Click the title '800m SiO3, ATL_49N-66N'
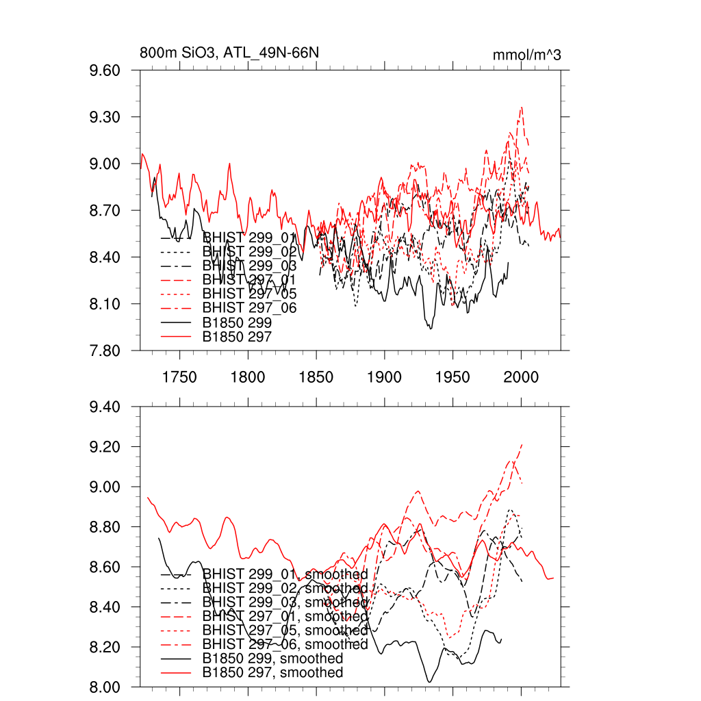pyautogui.click(x=229, y=53)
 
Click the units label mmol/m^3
pyautogui.click(x=526, y=55)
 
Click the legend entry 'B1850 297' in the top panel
pyautogui.click(x=238, y=337)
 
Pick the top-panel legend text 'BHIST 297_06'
pyautogui.click(x=250, y=309)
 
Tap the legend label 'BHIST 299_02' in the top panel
pyautogui.click(x=250, y=252)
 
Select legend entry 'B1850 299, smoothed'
pyautogui.click(x=273, y=659)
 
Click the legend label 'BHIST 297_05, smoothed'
pyautogui.click(x=285, y=630)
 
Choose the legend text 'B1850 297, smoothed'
pyautogui.click(x=273, y=673)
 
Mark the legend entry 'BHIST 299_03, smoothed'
pyautogui.click(x=285, y=602)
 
